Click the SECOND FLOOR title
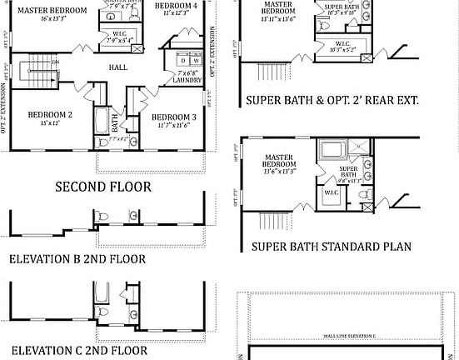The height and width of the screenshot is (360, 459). pyautogui.click(x=103, y=187)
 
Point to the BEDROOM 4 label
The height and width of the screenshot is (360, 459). pyautogui.click(x=176, y=5)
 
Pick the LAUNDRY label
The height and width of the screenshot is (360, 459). pyautogui.click(x=187, y=82)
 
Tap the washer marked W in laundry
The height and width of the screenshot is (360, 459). pyautogui.click(x=196, y=60)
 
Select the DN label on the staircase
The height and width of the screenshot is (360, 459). pyautogui.click(x=56, y=62)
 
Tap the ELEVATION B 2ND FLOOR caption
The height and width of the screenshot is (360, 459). pyautogui.click(x=77, y=258)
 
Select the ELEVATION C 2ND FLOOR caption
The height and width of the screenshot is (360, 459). pyautogui.click(x=78, y=351)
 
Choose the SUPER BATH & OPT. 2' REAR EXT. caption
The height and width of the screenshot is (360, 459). pyautogui.click(x=332, y=100)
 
